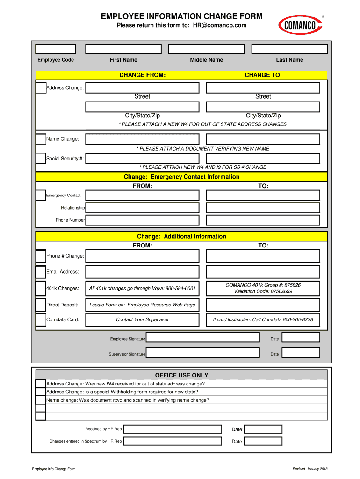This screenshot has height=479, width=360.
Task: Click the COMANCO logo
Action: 300,25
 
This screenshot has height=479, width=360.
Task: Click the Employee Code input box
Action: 56,49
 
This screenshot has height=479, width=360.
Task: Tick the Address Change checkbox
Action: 41,87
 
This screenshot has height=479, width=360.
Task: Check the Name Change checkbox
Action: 41,139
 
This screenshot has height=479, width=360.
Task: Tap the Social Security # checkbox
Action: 41,159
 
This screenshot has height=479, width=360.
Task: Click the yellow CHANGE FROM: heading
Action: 142,75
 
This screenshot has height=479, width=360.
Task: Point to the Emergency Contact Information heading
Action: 181,177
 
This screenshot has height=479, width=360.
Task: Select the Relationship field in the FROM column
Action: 142,208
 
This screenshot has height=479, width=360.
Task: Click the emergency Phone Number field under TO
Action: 263,220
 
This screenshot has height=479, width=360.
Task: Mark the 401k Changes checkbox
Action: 41,288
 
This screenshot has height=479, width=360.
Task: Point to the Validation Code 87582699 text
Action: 263,291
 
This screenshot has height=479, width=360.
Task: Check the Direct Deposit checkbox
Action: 41,305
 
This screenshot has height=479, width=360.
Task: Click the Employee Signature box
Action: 202,338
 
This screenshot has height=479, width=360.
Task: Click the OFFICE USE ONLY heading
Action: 181,375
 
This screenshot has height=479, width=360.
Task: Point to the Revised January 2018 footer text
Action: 310,469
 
